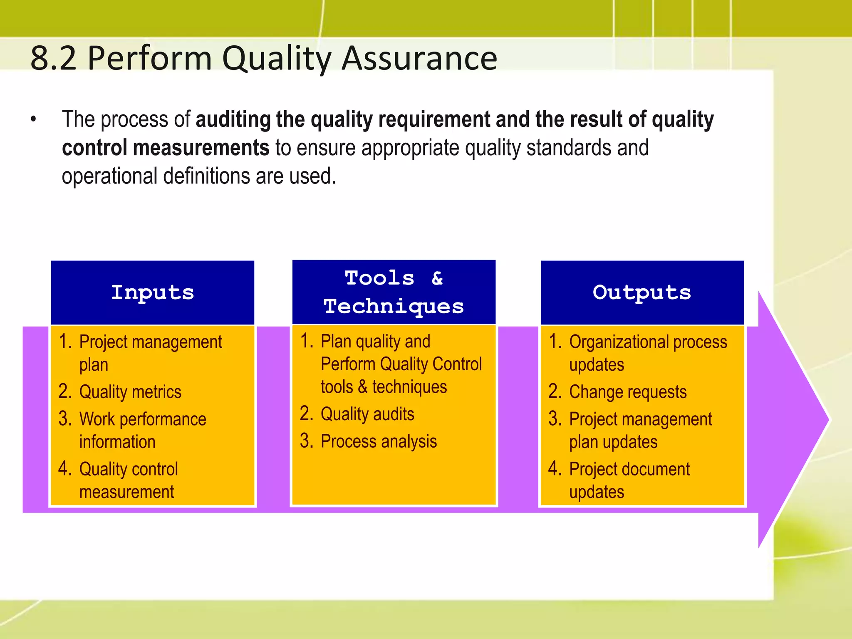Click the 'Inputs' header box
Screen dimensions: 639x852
(152, 292)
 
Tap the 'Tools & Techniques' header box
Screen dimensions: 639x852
(394, 292)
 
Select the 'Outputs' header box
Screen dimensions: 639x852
(642, 292)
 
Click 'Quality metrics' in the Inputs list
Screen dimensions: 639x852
(130, 392)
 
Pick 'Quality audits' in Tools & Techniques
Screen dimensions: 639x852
(367, 414)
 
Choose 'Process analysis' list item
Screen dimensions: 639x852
(379, 441)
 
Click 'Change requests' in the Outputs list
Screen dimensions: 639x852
(627, 392)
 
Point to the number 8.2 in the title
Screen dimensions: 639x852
(54, 58)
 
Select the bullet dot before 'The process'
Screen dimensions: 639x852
(34, 120)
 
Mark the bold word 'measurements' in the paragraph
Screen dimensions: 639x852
(201, 148)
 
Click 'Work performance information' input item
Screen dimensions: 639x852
(142, 430)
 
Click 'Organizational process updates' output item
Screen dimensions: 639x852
(647, 353)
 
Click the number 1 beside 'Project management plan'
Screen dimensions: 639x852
(64, 341)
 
